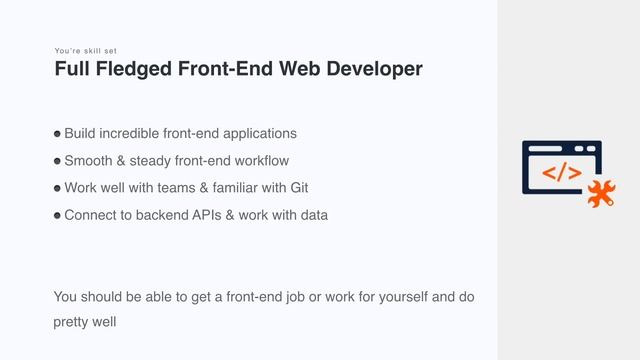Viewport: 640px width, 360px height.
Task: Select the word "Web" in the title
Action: pos(300,69)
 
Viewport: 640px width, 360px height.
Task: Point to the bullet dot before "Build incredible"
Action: pos(58,134)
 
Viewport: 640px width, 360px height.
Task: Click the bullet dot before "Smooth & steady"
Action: pos(58,161)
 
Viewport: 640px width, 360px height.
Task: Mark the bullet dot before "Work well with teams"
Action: pos(58,188)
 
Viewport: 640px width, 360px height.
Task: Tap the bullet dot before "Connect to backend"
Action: pos(58,215)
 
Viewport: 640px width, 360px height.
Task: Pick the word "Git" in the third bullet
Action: pos(298,187)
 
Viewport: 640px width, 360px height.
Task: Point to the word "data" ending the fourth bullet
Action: pos(313,214)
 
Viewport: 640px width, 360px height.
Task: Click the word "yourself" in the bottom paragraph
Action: pos(378,296)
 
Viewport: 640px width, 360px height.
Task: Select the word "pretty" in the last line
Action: pos(72,323)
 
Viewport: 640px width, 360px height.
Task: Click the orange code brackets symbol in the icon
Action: pos(561,173)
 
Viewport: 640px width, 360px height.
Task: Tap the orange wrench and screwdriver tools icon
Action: pos(600,194)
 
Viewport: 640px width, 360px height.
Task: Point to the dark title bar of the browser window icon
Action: pos(561,148)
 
